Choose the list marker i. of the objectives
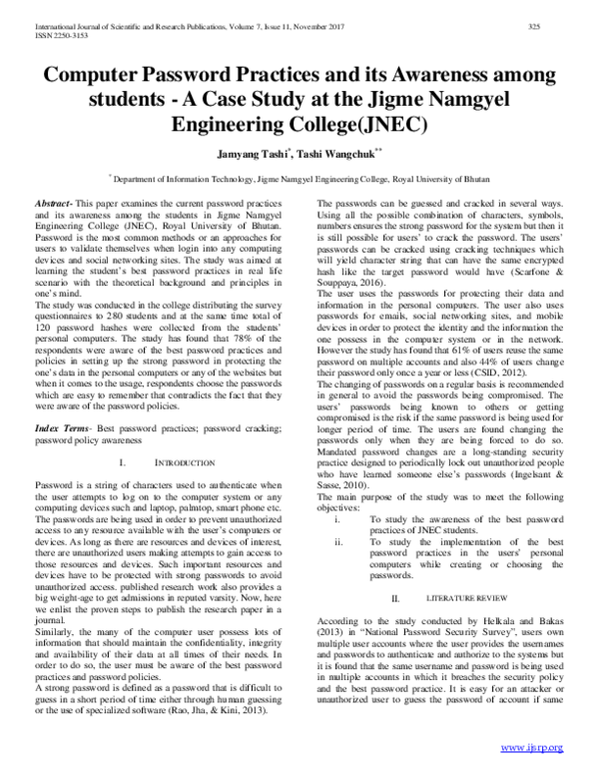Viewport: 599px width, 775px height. click(339, 520)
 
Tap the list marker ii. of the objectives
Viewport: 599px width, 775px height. click(340, 543)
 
